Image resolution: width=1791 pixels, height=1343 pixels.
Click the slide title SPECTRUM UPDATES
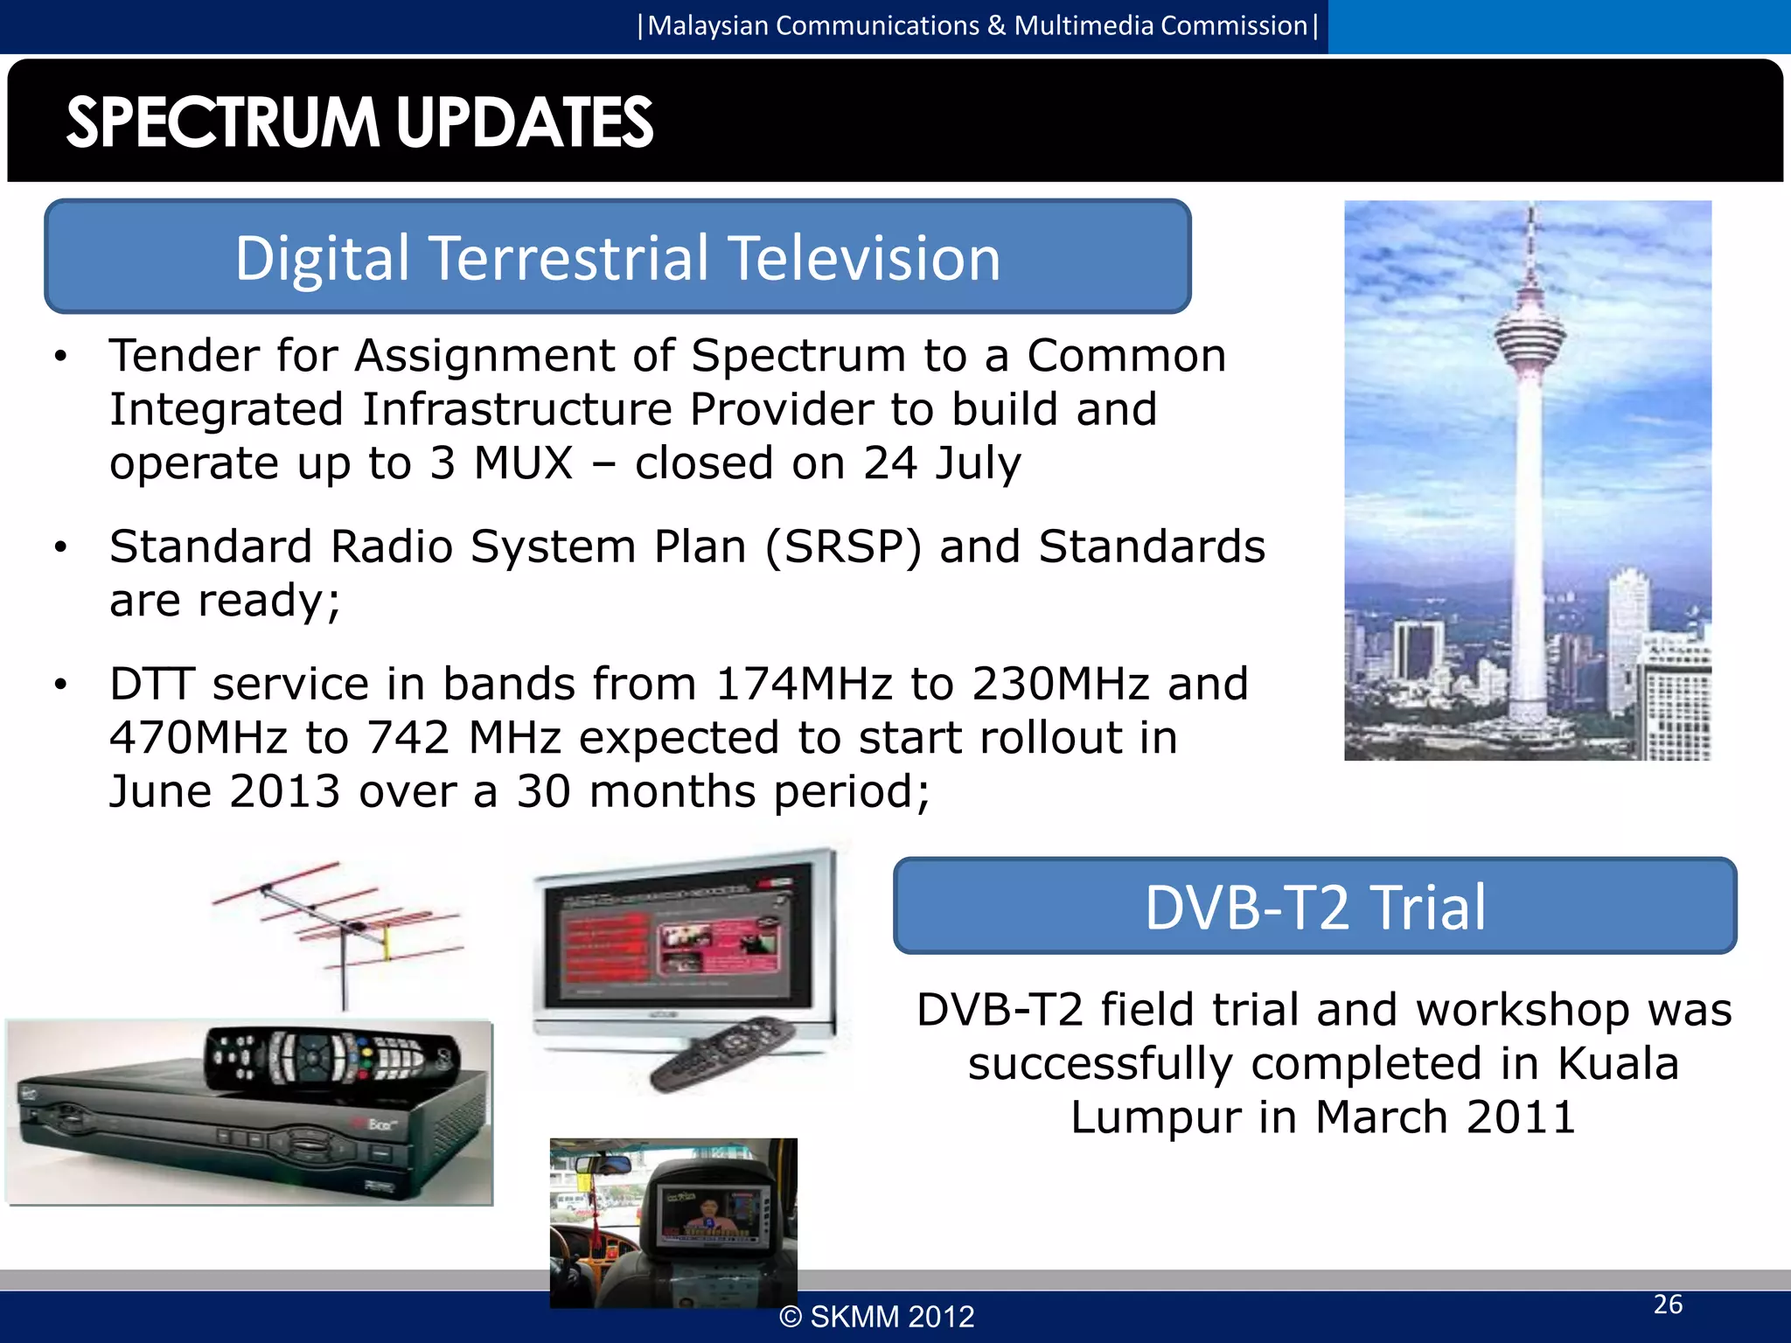tap(359, 122)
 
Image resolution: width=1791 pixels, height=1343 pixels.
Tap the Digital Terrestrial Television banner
tap(617, 258)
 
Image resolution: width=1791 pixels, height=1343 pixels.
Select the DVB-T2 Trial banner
tap(1314, 907)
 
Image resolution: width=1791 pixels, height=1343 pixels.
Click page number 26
tap(1668, 1304)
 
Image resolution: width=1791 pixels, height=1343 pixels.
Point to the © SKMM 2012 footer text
tap(876, 1317)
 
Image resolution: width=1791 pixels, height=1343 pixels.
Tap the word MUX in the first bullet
tap(523, 463)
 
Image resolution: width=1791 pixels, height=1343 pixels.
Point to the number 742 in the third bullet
tap(408, 738)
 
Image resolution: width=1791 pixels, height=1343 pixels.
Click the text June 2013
tap(224, 791)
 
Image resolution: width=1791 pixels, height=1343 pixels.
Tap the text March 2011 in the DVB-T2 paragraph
tap(1445, 1117)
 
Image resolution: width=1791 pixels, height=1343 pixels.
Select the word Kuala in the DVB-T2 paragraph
tap(1618, 1063)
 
